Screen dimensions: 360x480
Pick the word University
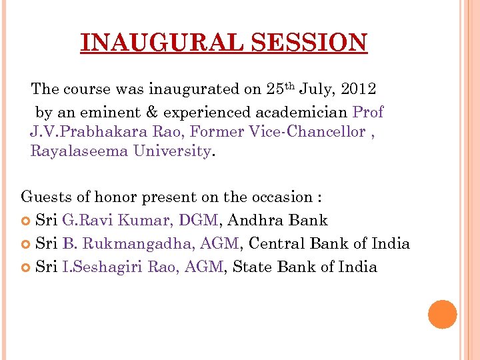pyautogui.click(x=172, y=151)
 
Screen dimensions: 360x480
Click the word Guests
pyautogui.click(x=45, y=197)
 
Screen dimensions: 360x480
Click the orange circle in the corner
pyautogui.click(x=443, y=314)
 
